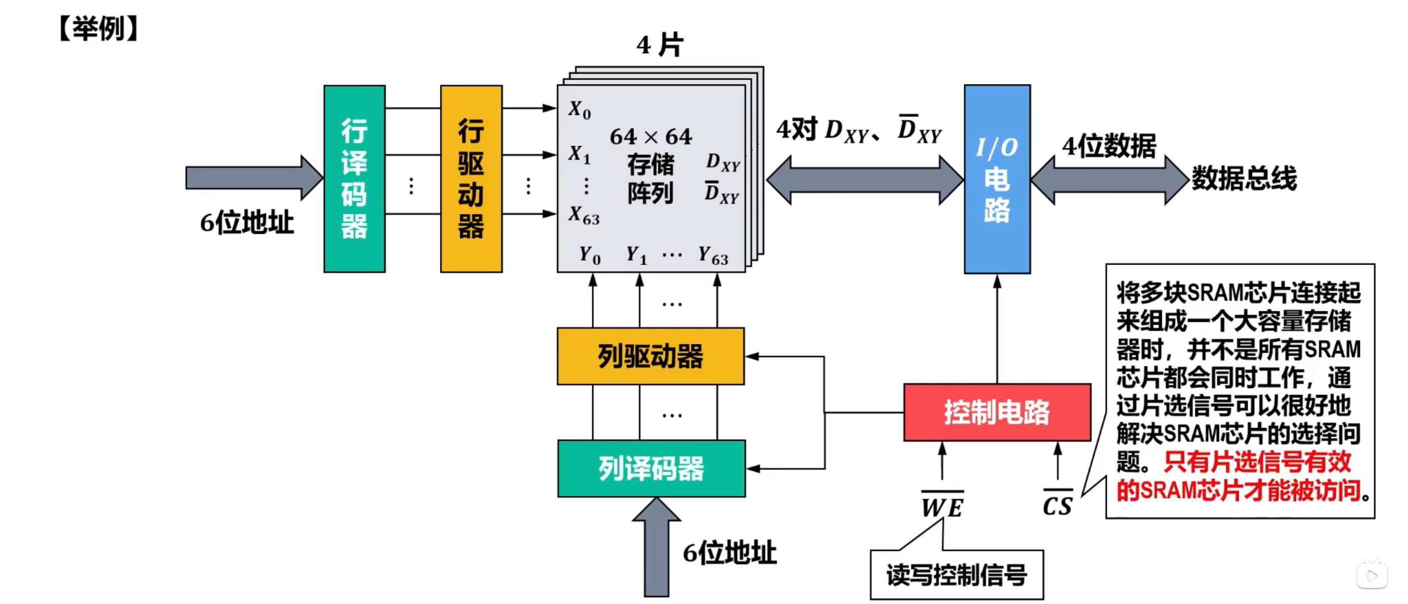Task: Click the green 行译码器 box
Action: tap(354, 178)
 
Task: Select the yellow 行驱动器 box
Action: tap(471, 178)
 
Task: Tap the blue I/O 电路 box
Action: tap(996, 179)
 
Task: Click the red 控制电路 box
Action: tap(996, 412)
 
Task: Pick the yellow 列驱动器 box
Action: tap(650, 356)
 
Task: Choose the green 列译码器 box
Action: tap(651, 468)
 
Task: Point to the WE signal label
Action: tap(942, 507)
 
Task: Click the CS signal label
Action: tap(1057, 505)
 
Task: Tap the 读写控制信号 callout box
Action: tap(956, 575)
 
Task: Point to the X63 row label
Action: tap(584, 215)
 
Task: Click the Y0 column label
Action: tap(589, 255)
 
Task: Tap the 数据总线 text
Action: tap(1243, 178)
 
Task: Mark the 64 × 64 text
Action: tap(650, 137)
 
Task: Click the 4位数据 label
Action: tap(1109, 146)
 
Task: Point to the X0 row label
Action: tap(579, 110)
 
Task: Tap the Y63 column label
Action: tap(713, 255)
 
